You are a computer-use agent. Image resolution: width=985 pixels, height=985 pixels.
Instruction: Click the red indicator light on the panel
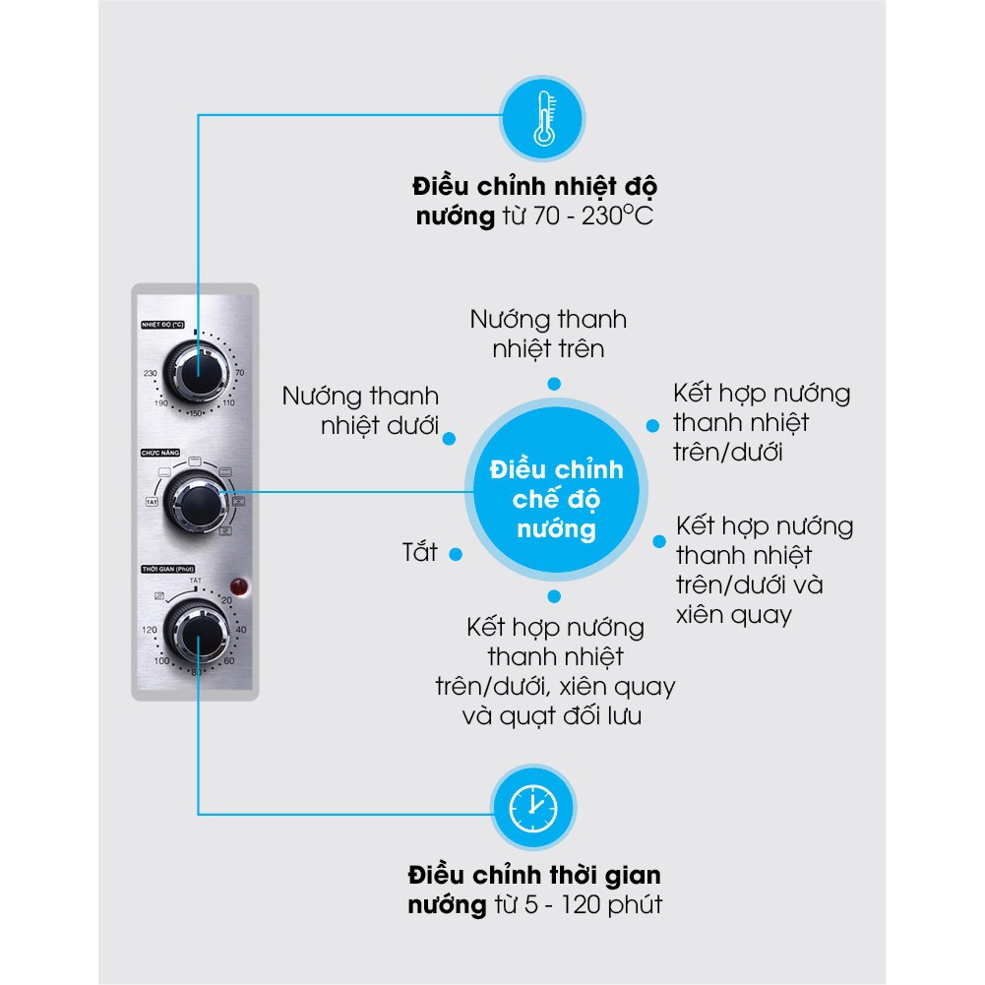click(236, 587)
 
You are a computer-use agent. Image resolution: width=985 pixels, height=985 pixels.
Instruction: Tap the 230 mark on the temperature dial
click(151, 373)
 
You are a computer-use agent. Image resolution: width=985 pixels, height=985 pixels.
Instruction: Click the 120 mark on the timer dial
click(151, 630)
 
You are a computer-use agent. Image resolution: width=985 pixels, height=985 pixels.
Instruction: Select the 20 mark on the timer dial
click(226, 600)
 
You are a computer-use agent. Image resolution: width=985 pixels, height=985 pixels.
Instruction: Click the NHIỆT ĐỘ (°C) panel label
click(163, 324)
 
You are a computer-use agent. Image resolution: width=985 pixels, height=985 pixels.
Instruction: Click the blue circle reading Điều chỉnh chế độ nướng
click(556, 499)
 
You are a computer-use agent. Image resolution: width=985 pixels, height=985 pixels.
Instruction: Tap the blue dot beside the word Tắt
click(455, 554)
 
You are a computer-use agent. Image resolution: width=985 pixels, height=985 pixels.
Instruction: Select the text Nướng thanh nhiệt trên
click(548, 334)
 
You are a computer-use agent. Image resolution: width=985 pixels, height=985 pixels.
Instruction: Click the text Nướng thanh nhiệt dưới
click(360, 410)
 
